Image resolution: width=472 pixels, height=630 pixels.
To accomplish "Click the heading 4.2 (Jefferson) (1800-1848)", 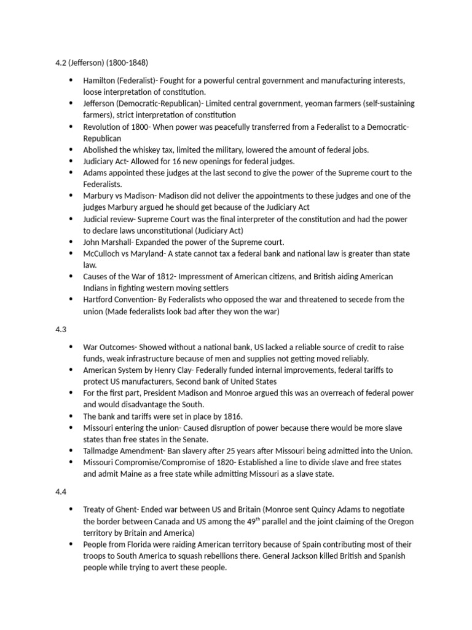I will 102,63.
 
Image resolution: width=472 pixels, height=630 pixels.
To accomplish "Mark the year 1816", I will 230,416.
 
